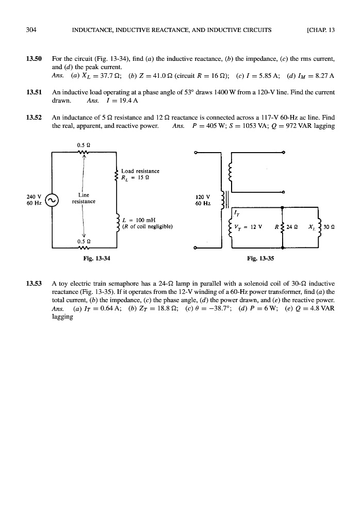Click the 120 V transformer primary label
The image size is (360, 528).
[204, 197]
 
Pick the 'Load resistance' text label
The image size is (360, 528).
[140, 171]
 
